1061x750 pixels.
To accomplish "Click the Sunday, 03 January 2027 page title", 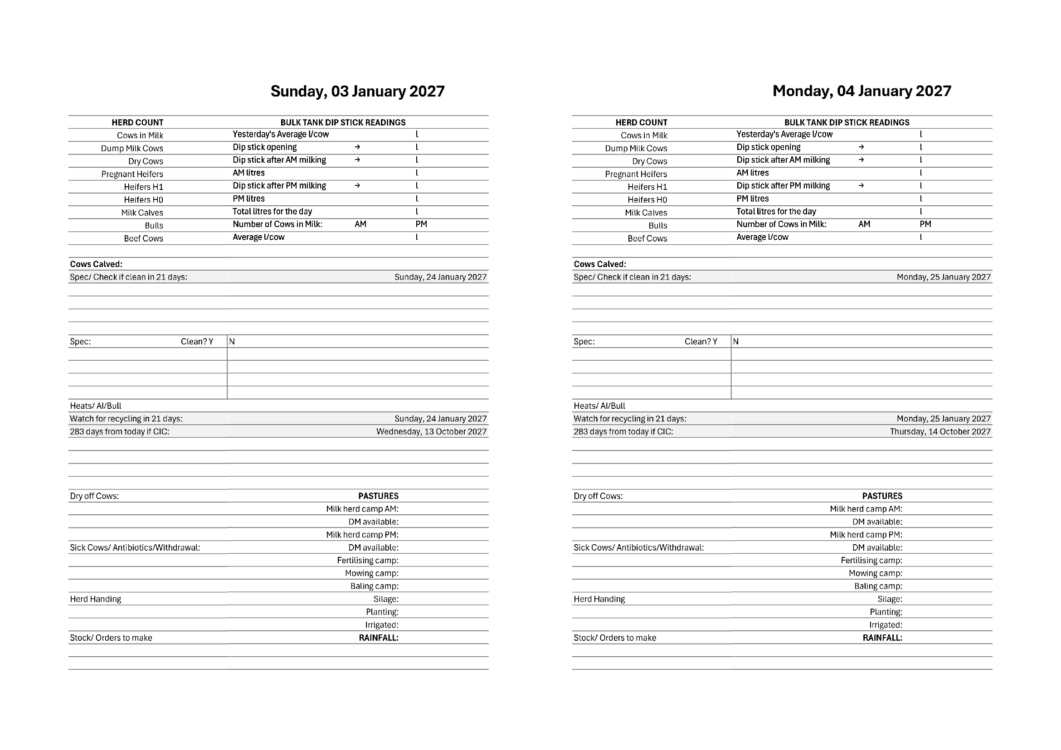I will click(x=357, y=92).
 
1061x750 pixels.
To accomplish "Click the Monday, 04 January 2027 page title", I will click(x=861, y=91).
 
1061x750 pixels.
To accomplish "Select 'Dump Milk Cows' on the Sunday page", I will click(x=131, y=148).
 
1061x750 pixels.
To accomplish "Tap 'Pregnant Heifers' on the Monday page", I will click(x=636, y=174).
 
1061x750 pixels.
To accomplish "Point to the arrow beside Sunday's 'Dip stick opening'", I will click(x=357, y=147).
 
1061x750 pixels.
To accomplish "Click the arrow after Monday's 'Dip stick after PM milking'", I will click(x=861, y=186).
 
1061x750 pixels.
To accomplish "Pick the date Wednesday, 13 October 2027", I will click(x=431, y=431).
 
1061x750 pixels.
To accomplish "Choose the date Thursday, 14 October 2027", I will click(x=940, y=431).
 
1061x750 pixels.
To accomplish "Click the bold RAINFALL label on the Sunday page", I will click(x=379, y=638).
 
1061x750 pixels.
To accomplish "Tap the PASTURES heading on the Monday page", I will click(x=882, y=496).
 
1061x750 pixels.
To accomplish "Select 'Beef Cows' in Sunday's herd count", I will click(x=143, y=238).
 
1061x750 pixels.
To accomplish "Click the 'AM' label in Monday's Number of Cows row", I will click(x=864, y=224).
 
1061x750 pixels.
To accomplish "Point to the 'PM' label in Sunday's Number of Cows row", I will click(x=421, y=224).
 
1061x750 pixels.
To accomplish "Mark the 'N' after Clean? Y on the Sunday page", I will click(x=232, y=341).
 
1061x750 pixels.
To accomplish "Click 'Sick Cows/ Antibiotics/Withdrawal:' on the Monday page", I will click(x=638, y=548).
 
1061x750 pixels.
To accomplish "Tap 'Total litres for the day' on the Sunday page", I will click(x=272, y=212).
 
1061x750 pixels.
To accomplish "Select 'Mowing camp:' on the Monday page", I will click(x=875, y=573).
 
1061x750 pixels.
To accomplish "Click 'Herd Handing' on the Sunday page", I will click(x=96, y=599).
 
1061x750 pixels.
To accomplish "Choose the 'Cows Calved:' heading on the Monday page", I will click(x=600, y=264).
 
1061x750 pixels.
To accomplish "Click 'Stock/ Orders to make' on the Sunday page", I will click(x=111, y=638).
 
